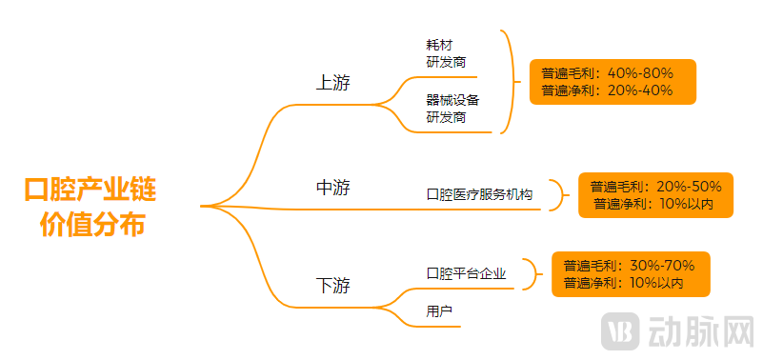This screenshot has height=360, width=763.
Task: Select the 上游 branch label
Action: [x=332, y=84]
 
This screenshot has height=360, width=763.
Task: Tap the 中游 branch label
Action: [x=332, y=189]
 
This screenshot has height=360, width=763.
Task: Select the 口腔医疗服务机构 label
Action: [x=479, y=194]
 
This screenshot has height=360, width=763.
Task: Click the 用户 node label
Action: [x=439, y=311]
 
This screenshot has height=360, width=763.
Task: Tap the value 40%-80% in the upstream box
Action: [x=640, y=73]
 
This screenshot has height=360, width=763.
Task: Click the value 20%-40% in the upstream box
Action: [x=640, y=90]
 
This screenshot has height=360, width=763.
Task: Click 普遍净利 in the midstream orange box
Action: [x=618, y=204]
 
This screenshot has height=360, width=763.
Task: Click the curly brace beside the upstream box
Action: [x=511, y=82]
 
